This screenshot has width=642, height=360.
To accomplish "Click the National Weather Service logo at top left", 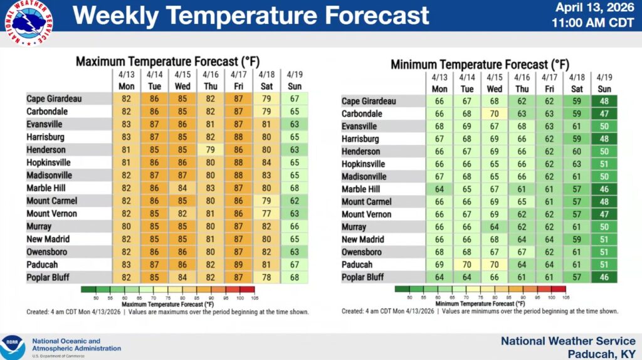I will [x=29, y=23].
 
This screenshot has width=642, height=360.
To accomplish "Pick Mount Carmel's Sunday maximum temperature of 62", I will [x=294, y=201].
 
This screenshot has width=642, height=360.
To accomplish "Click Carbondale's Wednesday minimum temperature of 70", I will [x=495, y=114].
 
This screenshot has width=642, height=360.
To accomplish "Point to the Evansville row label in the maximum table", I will [x=46, y=124].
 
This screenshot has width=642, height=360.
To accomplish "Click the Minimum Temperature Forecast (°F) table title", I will [x=480, y=64].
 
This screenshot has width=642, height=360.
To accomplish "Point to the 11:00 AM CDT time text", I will [x=593, y=23].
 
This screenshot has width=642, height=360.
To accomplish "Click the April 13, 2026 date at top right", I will [x=593, y=8].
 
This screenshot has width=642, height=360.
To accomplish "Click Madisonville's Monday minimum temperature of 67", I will [x=439, y=177].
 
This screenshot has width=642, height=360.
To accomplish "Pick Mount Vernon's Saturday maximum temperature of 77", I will [x=266, y=213].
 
